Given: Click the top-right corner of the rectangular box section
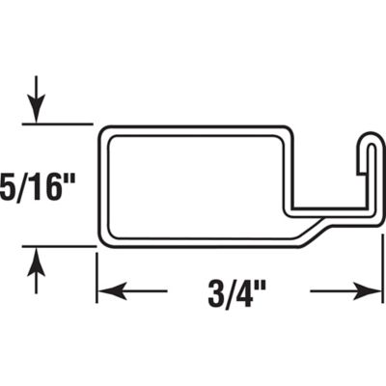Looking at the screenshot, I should (288, 130).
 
